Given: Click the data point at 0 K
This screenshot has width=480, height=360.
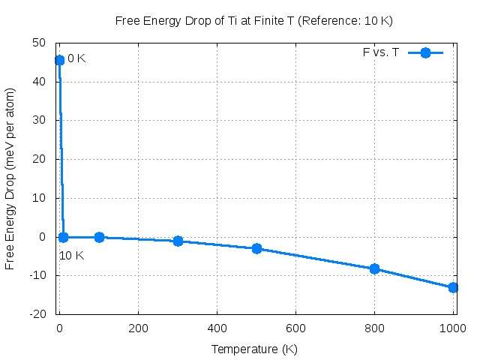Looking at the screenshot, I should (59, 60).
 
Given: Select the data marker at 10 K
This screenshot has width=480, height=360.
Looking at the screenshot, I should (63, 237).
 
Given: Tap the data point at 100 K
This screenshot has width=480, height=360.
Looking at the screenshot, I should (99, 237).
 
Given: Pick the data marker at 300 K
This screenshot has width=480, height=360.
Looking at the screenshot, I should (178, 241).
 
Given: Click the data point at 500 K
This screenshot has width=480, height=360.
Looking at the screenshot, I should (256, 248).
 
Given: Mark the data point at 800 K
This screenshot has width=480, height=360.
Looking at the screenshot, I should (375, 268).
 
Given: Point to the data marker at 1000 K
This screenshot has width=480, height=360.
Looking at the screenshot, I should (453, 287).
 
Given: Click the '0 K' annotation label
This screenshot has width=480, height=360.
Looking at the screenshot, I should (76, 58).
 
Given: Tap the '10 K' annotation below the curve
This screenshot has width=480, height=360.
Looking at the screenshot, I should (71, 256).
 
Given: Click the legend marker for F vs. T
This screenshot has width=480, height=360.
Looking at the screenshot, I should (425, 52).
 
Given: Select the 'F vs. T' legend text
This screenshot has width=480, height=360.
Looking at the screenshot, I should (380, 52).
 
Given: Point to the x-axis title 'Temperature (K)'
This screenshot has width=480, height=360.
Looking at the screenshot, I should (255, 349).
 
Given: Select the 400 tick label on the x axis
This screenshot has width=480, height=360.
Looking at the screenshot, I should (217, 328).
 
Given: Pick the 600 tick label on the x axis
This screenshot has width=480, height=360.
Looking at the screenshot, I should (295, 328).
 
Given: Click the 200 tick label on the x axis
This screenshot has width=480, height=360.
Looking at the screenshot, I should (138, 328).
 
